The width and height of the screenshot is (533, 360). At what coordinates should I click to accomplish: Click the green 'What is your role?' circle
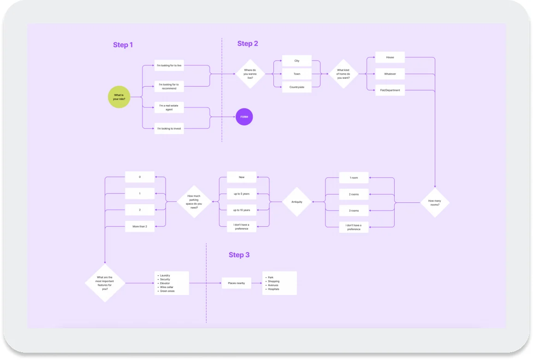pos(119,97)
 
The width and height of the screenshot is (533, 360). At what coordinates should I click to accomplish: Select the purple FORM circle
pos(244,117)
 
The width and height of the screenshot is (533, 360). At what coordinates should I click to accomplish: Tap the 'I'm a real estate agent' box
pos(169,107)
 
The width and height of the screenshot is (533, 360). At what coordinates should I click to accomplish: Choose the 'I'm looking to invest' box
pos(169,129)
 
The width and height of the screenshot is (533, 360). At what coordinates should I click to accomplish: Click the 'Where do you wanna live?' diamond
pos(250,74)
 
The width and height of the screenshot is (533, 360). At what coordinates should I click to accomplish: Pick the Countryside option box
pos(297,87)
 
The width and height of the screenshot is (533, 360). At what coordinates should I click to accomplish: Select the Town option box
pos(297,74)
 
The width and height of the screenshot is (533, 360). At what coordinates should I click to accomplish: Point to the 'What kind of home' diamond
pos(343,74)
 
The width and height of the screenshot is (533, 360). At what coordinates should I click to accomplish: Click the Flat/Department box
pos(390,90)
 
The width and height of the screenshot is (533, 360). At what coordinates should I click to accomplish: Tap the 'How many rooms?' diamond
pos(434,202)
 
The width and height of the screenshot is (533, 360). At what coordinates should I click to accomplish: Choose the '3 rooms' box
pos(354,211)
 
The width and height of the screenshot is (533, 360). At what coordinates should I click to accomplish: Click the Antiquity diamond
pos(297,202)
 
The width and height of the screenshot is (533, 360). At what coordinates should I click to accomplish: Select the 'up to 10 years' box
pos(242,210)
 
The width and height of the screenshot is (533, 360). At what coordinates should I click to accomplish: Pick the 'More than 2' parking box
pos(140,226)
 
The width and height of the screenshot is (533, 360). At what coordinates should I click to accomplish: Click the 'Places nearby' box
pos(236,283)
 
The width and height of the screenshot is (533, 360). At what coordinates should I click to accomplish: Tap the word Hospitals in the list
pos(274,289)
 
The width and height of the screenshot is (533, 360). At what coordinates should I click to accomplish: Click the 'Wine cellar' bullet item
pos(167,287)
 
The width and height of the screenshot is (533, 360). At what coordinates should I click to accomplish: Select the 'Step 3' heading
pos(239,255)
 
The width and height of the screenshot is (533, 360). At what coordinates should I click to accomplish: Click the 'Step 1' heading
pos(123,45)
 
